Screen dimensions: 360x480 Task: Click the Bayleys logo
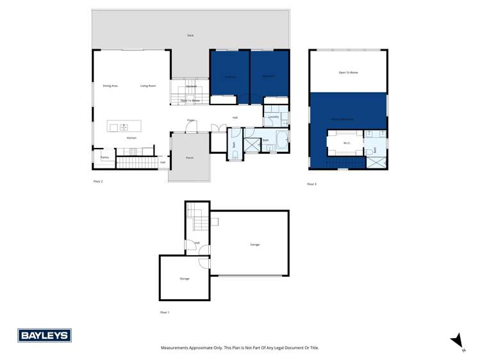tap(44, 336)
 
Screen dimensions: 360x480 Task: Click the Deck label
tap(190, 35)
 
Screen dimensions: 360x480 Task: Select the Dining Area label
tap(110, 86)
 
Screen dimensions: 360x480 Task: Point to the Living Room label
tap(148, 86)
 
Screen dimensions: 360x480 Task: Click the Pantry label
tap(104, 157)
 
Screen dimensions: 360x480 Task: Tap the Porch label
tap(190, 158)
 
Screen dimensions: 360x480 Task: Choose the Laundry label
tap(273, 117)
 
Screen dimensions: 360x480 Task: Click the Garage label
tap(254, 245)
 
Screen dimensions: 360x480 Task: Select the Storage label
tap(185, 279)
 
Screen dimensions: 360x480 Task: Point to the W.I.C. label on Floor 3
tap(347, 143)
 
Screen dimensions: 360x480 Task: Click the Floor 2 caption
tap(98, 182)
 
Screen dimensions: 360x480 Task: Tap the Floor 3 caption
tap(311, 184)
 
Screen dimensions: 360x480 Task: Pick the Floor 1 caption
tap(165, 313)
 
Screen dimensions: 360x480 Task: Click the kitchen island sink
tap(124, 127)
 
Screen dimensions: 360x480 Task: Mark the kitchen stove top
tap(134, 151)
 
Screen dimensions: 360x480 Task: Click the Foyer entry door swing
tap(190, 128)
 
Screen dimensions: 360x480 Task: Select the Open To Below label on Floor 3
tap(349, 72)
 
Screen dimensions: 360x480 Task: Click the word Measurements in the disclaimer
tap(174, 348)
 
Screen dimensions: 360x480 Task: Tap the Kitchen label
tap(131, 138)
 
